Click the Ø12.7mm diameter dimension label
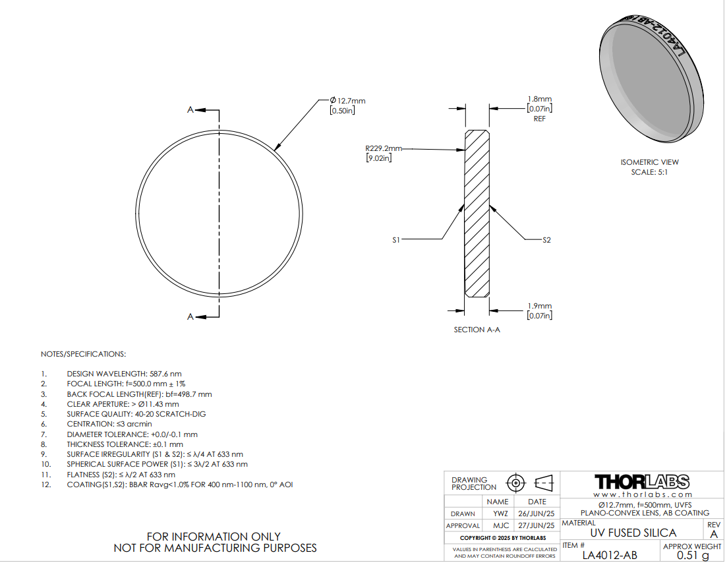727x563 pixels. (x=348, y=101)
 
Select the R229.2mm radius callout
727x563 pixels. (x=384, y=148)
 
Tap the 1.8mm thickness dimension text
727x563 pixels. (x=540, y=99)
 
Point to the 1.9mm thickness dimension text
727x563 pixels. (x=540, y=306)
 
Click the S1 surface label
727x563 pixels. (x=396, y=240)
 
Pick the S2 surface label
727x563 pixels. (x=546, y=240)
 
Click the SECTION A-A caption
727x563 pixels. (x=477, y=330)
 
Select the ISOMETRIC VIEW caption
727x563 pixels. (x=650, y=162)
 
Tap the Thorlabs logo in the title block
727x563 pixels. (x=642, y=482)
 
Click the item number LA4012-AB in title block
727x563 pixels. (x=610, y=555)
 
